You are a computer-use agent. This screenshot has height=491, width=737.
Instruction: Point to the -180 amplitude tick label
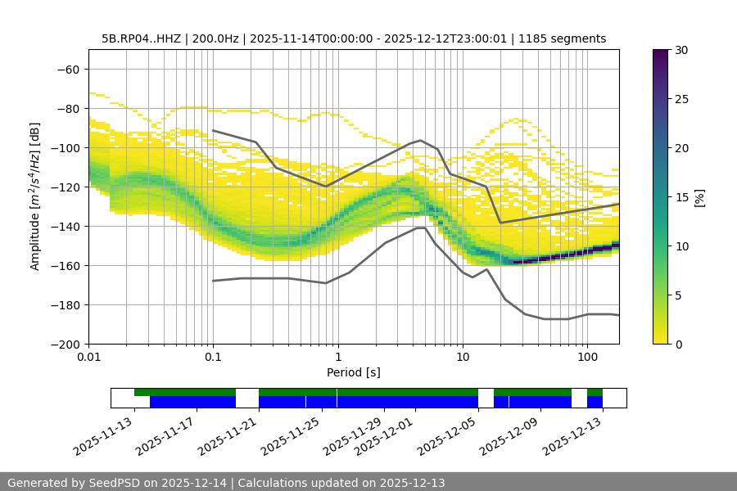tap(66, 304)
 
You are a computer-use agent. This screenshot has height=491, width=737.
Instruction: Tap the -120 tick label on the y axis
tap(66, 187)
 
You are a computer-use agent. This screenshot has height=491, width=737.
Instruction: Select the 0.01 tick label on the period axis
tap(88, 357)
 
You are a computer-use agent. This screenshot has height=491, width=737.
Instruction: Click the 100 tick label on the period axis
tap(586, 357)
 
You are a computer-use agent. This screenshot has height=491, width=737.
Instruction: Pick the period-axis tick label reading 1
tap(337, 357)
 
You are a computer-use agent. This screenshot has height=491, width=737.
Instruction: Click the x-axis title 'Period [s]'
tap(353, 372)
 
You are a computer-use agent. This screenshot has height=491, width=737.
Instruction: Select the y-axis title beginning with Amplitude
tap(35, 196)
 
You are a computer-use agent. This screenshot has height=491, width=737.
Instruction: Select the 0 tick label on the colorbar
tap(676, 344)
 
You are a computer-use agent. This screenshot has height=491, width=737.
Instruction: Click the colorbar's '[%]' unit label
tap(699, 196)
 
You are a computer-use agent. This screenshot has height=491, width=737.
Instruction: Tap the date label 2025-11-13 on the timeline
tap(104, 435)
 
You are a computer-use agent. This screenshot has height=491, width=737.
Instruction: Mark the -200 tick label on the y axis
tap(66, 344)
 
